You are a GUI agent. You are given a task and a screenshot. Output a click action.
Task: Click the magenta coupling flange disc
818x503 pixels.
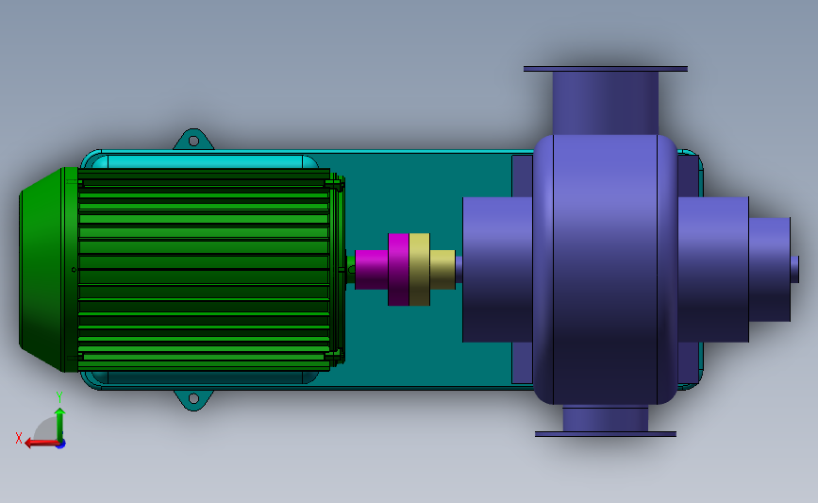(x=398, y=269)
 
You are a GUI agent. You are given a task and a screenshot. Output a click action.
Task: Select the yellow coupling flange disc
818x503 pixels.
(x=420, y=269)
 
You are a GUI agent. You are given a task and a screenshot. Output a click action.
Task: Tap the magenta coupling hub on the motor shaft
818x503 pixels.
(x=372, y=269)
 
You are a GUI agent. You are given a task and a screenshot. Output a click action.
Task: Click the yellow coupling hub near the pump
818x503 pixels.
(x=442, y=269)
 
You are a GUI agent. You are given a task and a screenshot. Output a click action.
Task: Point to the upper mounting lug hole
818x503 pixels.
(x=193, y=141)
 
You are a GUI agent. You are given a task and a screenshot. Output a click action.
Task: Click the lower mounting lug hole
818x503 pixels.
(x=193, y=398)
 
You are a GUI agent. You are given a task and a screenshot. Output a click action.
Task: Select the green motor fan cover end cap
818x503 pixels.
(x=48, y=269)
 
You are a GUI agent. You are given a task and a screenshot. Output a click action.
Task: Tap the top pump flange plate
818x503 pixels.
(x=606, y=69)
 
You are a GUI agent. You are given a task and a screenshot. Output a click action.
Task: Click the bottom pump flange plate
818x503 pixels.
(x=606, y=434)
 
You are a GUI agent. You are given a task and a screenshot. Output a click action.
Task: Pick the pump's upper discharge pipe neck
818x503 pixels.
(x=606, y=103)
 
